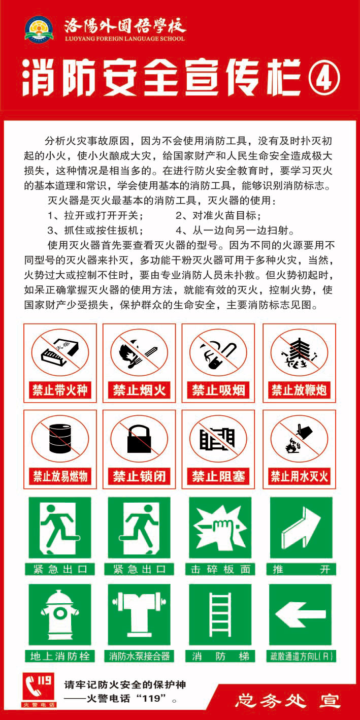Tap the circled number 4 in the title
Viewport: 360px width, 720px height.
323,77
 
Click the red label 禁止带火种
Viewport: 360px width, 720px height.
60,390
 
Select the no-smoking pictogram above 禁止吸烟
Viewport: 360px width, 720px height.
218,352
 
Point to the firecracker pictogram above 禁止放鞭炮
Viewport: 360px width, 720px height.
299,352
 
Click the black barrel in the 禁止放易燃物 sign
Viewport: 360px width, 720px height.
60,438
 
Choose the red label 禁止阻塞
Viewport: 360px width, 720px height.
218,476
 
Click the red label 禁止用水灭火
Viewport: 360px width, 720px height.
299,476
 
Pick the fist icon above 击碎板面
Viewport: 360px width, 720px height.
220,528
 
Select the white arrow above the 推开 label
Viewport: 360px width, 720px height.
301,528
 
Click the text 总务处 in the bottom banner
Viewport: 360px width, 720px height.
271,701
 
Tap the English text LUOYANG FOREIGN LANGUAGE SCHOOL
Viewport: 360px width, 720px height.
125,39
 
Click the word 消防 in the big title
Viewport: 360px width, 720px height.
59,78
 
